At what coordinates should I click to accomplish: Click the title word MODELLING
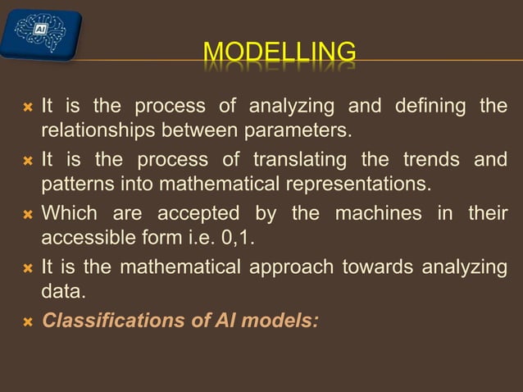[280, 53]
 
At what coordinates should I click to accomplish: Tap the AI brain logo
[41, 34]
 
